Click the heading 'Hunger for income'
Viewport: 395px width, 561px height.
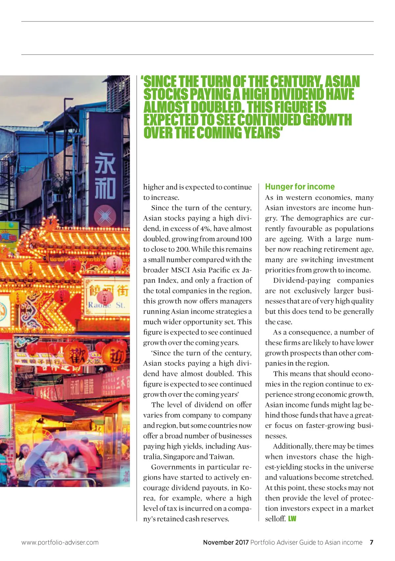coord(300,187)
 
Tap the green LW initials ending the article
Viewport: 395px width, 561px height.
coord(292,519)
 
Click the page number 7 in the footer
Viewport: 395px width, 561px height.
coord(371,542)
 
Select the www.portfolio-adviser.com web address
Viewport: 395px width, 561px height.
coord(60,542)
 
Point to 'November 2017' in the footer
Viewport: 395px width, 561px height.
coord(225,542)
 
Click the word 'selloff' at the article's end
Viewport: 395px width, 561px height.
coord(275,519)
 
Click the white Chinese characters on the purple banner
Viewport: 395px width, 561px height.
coord(105,176)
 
